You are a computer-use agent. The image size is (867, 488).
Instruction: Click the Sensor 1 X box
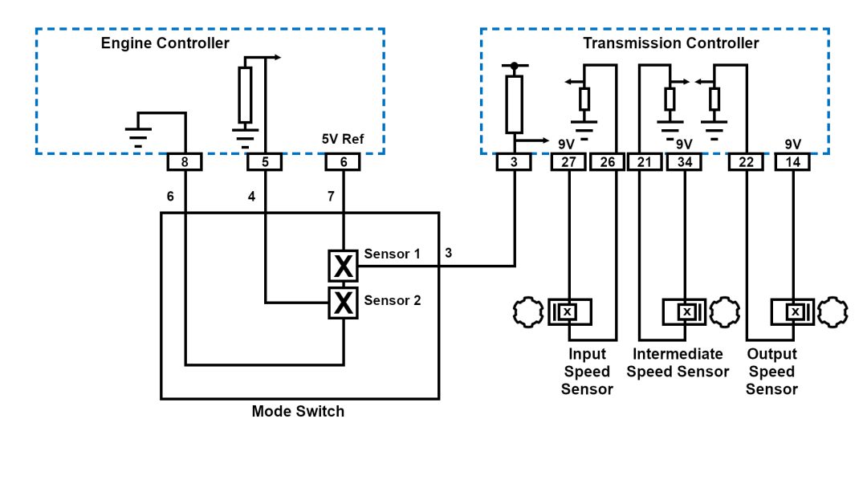tap(344, 266)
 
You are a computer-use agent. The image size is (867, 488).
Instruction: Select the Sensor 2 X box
tap(344, 303)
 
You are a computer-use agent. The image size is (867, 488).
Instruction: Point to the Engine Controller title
tap(165, 43)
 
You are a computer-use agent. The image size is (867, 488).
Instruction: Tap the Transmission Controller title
tap(670, 43)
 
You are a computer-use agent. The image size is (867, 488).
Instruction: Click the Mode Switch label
tap(298, 412)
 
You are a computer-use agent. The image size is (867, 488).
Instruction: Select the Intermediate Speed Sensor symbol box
tap(687, 311)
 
